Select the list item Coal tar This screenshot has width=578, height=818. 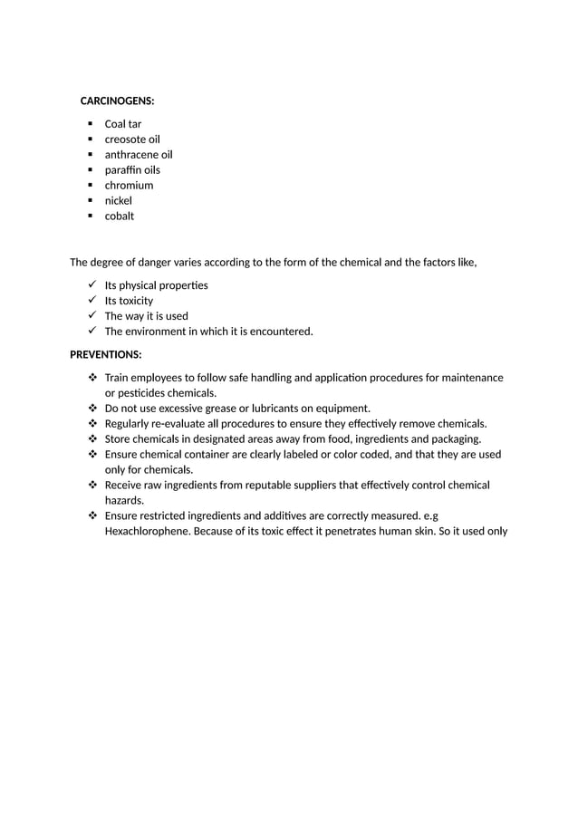tap(122, 124)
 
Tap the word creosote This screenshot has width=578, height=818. tap(125, 140)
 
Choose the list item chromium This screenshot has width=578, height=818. tap(129, 186)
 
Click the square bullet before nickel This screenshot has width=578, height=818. tap(91, 201)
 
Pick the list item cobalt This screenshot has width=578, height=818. tap(119, 217)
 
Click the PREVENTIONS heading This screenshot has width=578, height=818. tap(105, 354)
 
